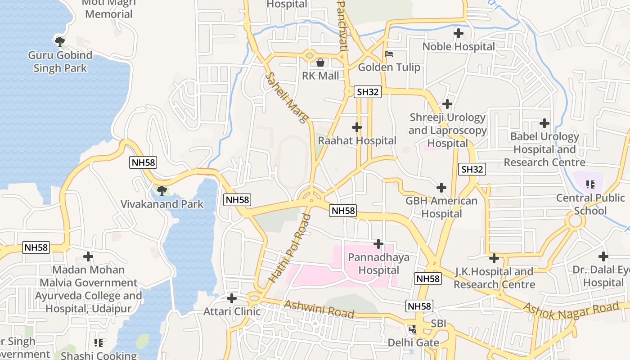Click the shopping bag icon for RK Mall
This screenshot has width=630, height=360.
(320, 62)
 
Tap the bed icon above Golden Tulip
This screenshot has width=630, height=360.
(389, 54)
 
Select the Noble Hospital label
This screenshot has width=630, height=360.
(458, 46)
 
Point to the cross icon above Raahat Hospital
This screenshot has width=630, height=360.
(357, 127)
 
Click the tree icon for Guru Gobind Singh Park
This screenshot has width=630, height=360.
(60, 42)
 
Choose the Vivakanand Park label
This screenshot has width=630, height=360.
(162, 204)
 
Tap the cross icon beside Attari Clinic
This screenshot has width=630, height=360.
(232, 298)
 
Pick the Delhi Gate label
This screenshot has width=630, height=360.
(414, 342)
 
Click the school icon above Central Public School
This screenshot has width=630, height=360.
(590, 184)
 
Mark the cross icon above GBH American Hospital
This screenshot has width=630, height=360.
(441, 188)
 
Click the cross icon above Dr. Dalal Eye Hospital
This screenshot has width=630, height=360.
(603, 256)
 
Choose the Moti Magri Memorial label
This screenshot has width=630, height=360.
(108, 9)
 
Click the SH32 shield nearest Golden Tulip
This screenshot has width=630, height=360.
(368, 92)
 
